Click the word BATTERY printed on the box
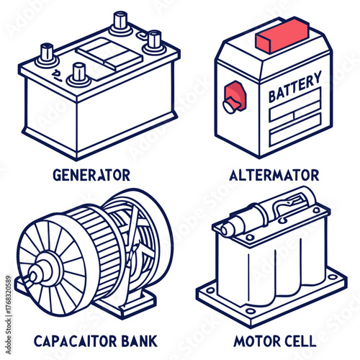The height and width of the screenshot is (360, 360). click(x=294, y=90)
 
